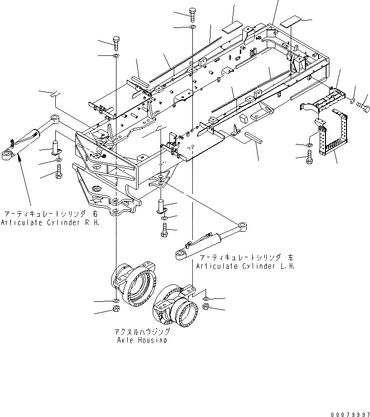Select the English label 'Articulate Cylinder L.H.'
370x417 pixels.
245,266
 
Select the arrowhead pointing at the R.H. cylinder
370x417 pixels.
19,156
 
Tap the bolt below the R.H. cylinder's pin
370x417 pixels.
59,172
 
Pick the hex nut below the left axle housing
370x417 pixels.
116,309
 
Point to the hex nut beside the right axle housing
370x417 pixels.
206,307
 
